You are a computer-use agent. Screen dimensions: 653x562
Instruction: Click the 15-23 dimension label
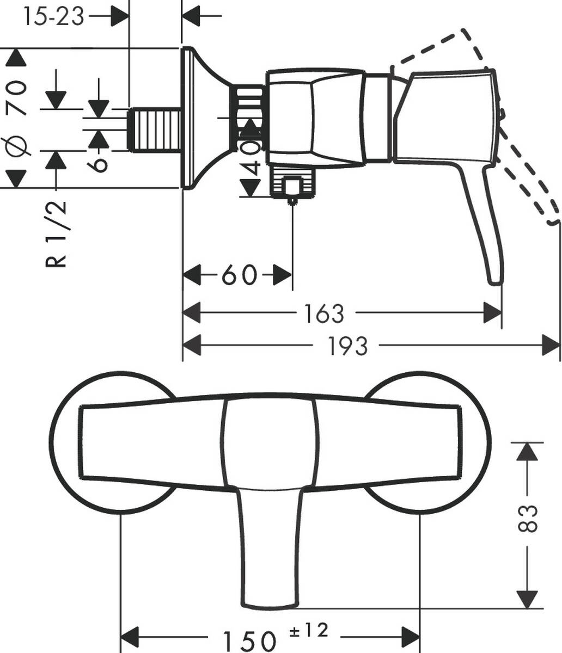[54, 16]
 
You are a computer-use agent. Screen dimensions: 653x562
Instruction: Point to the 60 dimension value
[239, 275]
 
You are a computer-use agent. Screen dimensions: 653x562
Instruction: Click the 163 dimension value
[324, 313]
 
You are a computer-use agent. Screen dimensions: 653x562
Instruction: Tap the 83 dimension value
[526, 519]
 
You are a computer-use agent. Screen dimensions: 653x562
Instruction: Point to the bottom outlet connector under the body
[293, 185]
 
